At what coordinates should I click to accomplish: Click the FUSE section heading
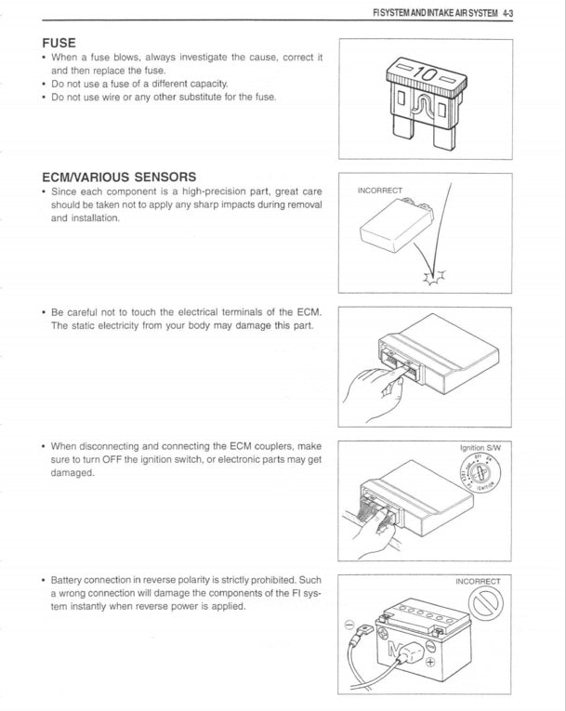tap(59, 43)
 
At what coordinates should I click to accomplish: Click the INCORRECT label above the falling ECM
tap(380, 191)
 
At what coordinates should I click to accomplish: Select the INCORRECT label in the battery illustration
tap(478, 582)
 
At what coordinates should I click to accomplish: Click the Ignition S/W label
tap(480, 448)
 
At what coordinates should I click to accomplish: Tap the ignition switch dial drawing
tap(481, 474)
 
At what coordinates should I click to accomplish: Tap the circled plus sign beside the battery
tap(429, 664)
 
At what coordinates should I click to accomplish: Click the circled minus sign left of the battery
tap(348, 624)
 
